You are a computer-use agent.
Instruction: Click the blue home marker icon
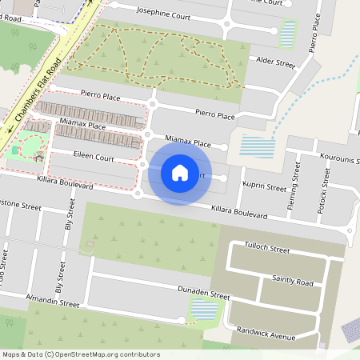180,173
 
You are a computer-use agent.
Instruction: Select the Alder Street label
274,61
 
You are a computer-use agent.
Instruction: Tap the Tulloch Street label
266,250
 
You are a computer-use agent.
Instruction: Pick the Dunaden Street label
204,295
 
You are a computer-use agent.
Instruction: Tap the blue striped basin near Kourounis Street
258,146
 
